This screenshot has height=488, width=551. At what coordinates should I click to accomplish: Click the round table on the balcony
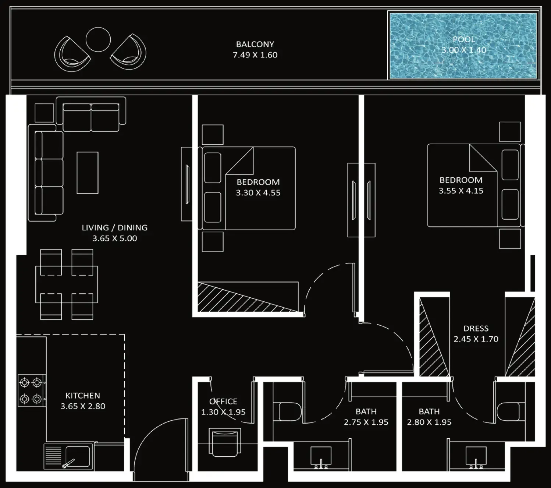pos(98,39)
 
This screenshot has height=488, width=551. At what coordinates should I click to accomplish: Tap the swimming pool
pos(463,46)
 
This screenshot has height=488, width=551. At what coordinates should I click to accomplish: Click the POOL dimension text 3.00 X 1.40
pos(464,50)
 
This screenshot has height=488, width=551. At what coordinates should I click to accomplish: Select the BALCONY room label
pos(255,44)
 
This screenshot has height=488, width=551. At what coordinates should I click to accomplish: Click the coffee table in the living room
pos(88,173)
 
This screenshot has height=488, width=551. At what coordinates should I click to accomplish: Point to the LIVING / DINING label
pos(115,227)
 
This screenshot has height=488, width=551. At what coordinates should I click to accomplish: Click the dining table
pos(67,284)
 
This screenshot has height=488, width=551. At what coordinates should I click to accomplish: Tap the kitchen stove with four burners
pos(32,390)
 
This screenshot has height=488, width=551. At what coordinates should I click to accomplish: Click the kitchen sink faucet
pos(68,463)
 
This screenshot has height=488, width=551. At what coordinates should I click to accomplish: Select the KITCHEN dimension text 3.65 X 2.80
pos(83,406)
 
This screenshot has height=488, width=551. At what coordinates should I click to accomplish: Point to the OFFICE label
pos(223,402)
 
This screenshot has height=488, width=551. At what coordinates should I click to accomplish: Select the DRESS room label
pos(476,329)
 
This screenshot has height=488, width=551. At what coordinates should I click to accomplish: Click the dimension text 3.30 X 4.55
pos(258,193)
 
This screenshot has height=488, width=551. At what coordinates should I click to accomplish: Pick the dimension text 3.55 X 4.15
pos(461,191)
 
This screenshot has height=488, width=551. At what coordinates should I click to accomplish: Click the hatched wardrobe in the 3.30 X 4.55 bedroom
pos(248,297)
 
